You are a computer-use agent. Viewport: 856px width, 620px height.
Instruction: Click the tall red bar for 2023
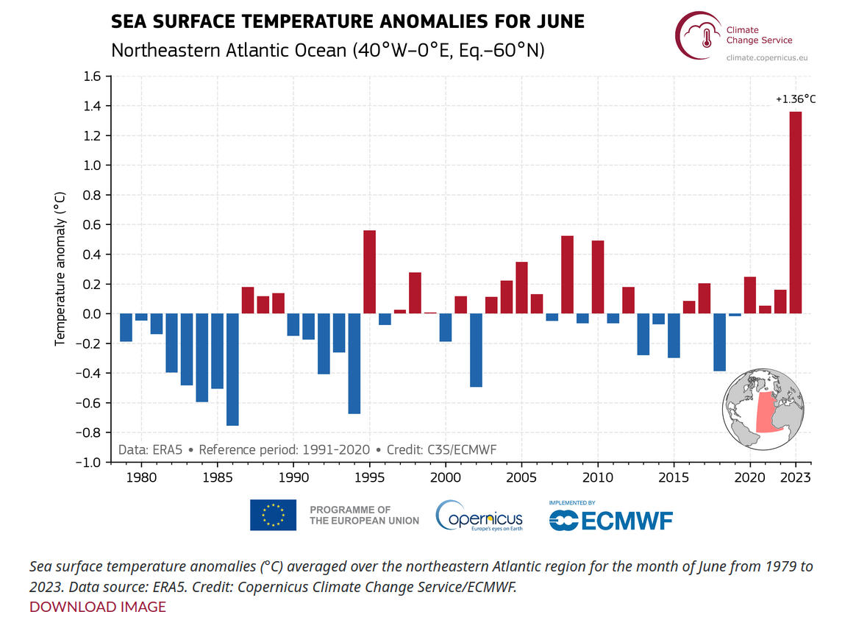pyautogui.click(x=795, y=213)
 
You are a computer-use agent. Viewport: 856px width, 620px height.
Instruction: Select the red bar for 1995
pyautogui.click(x=369, y=272)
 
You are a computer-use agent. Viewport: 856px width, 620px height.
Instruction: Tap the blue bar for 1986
pyautogui.click(x=232, y=369)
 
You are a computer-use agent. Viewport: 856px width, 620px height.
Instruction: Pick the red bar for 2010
pyautogui.click(x=597, y=277)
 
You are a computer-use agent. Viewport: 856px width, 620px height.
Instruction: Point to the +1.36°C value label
pyautogui.click(x=796, y=98)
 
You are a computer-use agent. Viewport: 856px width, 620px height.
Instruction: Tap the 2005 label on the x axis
pyautogui.click(x=521, y=477)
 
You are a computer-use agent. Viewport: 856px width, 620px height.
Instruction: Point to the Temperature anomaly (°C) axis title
pyautogui.click(x=60, y=269)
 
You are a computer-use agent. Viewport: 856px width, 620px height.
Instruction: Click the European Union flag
pyautogui.click(x=273, y=515)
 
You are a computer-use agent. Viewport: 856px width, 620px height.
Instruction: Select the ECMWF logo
pyautogui.click(x=610, y=518)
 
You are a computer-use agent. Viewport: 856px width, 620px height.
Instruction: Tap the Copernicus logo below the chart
pyautogui.click(x=479, y=516)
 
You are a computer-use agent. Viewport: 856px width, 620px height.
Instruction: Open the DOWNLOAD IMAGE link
pyautogui.click(x=98, y=607)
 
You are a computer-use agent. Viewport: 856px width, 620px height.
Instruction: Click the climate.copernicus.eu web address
pyautogui.click(x=766, y=57)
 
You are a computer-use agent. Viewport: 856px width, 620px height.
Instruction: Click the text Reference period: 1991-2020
pyautogui.click(x=285, y=449)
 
